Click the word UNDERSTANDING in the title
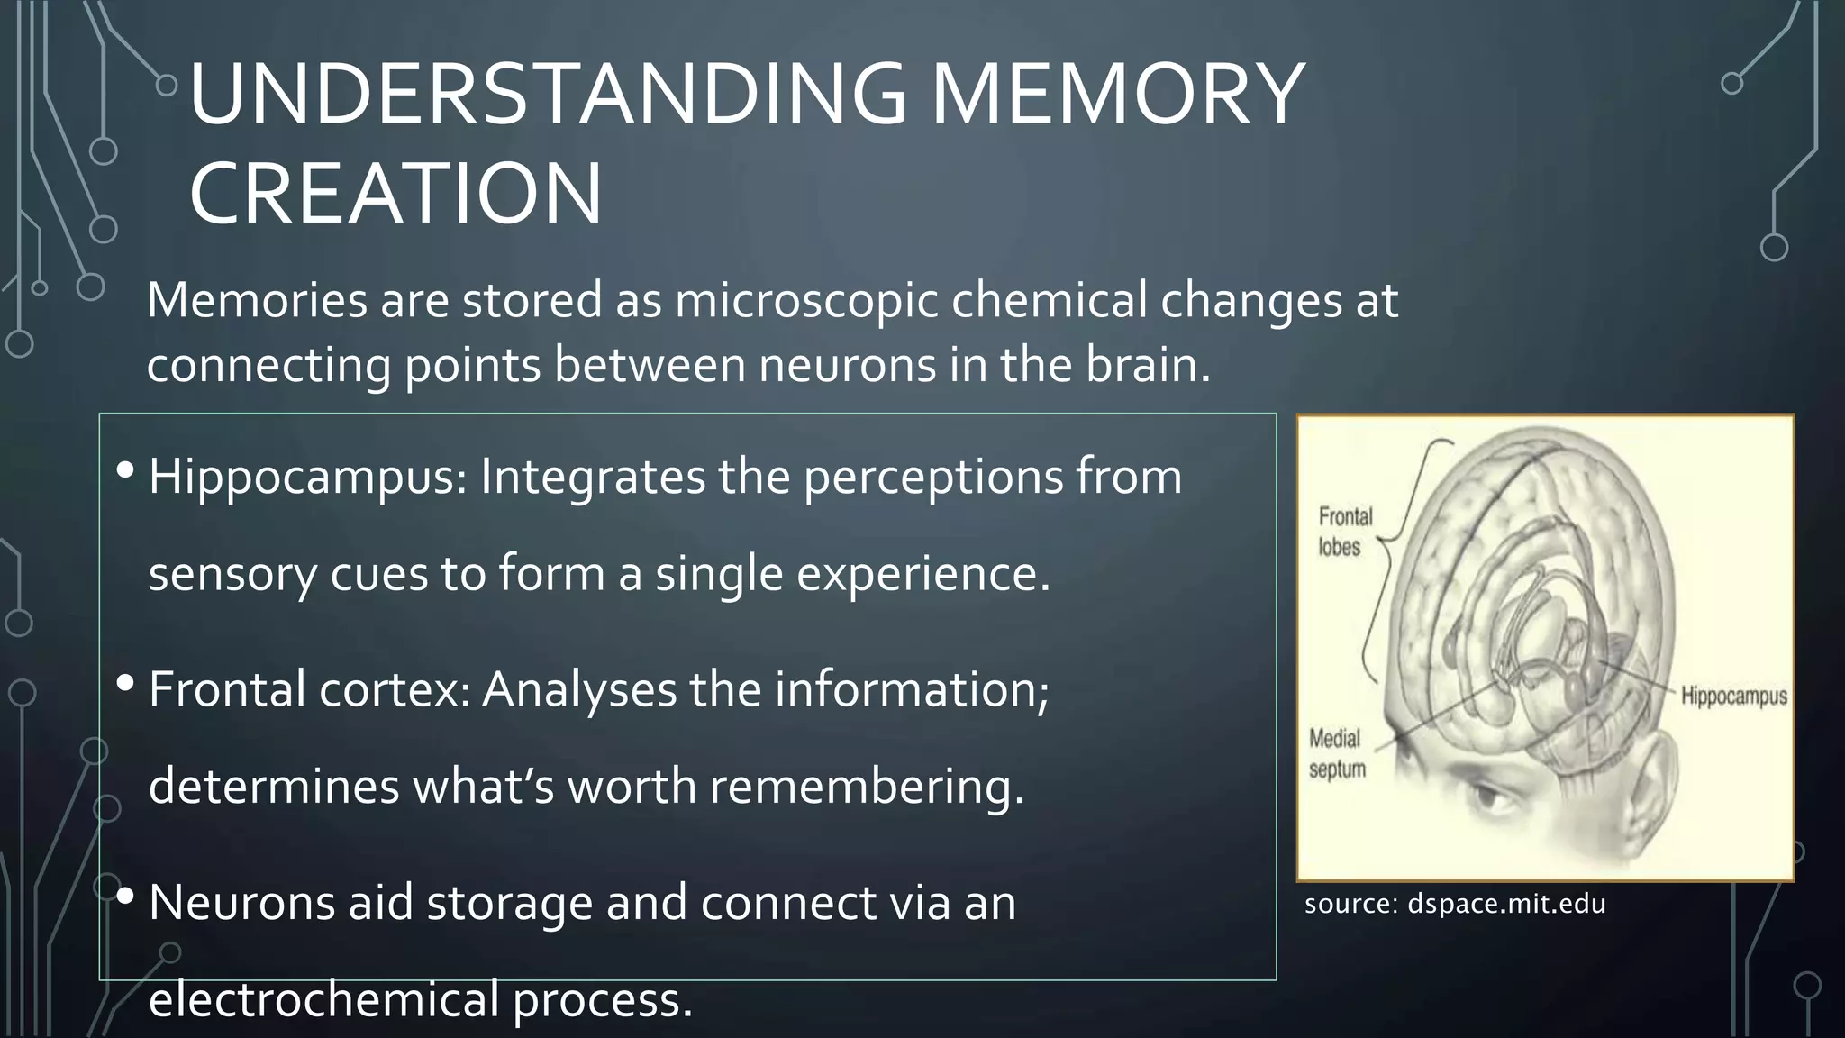click(x=548, y=94)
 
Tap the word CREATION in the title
click(x=395, y=194)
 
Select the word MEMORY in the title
click(x=1117, y=94)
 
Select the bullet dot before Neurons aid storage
click(x=125, y=896)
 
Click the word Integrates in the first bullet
click(x=592, y=477)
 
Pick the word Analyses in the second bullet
click(x=579, y=690)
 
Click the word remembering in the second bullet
click(x=867, y=787)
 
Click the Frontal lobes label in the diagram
click(x=1344, y=532)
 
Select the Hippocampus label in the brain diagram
click(x=1733, y=697)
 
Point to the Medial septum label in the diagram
click(x=1337, y=754)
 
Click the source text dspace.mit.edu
click(x=1505, y=904)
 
